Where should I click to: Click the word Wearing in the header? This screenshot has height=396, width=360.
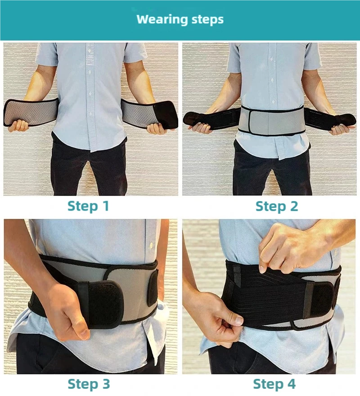click(x=162, y=19)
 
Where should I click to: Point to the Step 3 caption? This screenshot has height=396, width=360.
click(x=89, y=384)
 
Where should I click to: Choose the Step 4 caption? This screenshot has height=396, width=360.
click(x=274, y=384)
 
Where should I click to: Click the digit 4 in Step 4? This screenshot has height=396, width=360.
click(x=291, y=384)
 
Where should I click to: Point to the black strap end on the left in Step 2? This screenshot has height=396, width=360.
click(x=200, y=119)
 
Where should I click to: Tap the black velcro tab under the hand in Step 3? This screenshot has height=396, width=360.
click(x=101, y=303)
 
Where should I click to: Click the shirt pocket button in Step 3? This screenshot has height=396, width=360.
click(x=151, y=245)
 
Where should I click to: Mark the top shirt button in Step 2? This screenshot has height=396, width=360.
click(x=272, y=59)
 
